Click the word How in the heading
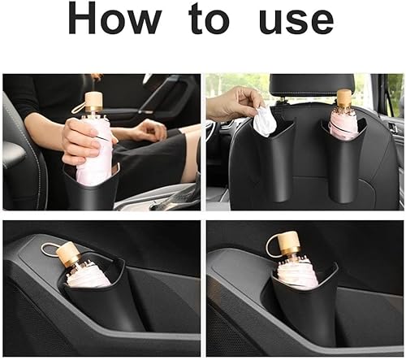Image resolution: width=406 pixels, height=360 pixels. click(x=115, y=19)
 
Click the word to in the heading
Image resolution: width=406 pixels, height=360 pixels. click(x=209, y=19)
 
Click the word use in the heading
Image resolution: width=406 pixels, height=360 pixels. click(x=296, y=22)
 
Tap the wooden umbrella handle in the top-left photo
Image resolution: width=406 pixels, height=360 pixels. click(x=93, y=102)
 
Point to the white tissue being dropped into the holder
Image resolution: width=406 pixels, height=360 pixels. click(x=265, y=121)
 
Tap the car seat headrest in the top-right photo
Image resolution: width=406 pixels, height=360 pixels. click(x=311, y=88)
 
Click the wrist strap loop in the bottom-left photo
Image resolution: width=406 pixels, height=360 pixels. click(x=50, y=249)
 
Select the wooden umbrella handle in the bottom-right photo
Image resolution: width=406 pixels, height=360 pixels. click(x=289, y=244)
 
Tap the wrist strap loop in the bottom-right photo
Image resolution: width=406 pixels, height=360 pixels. click(x=270, y=245)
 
